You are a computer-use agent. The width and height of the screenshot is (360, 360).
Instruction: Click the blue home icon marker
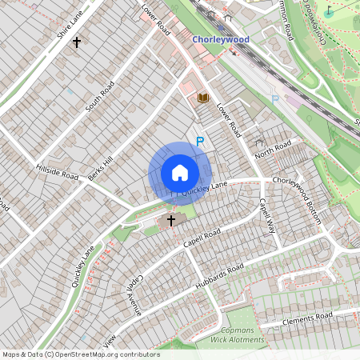click(179, 173)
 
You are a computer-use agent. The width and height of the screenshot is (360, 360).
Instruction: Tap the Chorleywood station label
click(221, 38)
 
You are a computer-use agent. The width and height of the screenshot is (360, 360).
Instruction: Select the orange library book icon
click(203, 98)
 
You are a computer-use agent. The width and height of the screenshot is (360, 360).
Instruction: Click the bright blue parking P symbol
click(200, 142)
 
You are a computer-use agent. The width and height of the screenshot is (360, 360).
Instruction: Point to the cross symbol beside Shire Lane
click(77, 41)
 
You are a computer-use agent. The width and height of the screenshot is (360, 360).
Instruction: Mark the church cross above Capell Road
click(171, 219)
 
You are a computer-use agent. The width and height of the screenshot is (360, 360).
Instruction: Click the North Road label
click(273, 150)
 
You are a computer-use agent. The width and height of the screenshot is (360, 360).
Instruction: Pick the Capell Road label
click(201, 237)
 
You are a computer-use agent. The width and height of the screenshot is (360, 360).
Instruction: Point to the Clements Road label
click(307, 319)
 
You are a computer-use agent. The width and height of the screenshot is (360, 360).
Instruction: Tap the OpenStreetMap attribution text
click(80, 354)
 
